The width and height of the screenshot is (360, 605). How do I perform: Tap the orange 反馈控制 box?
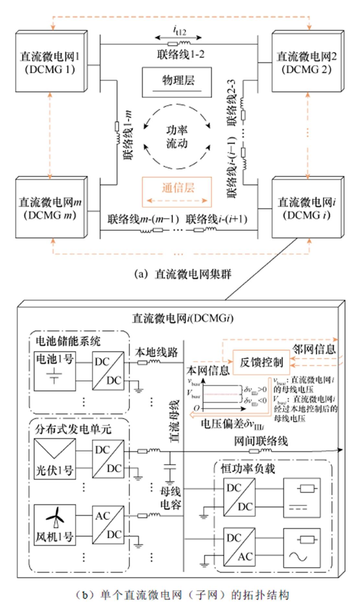tap(261, 362)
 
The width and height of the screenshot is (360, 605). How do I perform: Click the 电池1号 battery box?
tap(55, 371)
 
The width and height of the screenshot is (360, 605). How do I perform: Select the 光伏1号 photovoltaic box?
tap(55, 459)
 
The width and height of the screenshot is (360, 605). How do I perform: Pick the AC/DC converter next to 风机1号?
tap(108, 525)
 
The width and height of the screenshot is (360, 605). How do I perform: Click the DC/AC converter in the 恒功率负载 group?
tap(239, 547)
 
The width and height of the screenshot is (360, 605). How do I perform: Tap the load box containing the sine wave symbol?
tap(302, 547)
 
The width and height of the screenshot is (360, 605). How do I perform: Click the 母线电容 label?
tap(170, 498)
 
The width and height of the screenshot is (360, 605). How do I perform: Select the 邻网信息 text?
tap(314, 349)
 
